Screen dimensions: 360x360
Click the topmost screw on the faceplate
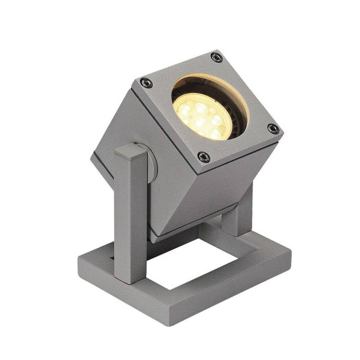[x=216, y=57]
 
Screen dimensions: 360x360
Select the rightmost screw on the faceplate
[x=273, y=129]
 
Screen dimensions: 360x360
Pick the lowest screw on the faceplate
[x=204, y=158]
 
